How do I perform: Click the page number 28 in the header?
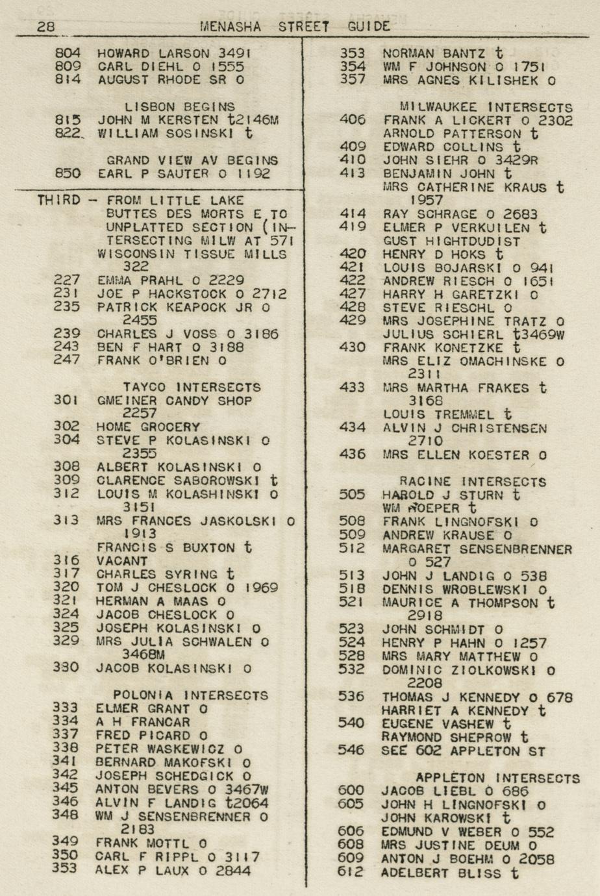(45, 27)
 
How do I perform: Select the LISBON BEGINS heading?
(180, 106)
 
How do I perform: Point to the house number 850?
(68, 173)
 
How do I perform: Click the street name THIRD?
(58, 200)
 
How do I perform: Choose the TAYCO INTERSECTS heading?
(192, 388)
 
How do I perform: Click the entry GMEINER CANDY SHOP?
(174, 401)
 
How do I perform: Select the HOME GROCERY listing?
(148, 427)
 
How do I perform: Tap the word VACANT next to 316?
(122, 561)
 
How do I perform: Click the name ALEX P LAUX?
(147, 871)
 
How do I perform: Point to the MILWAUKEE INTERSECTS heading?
(486, 107)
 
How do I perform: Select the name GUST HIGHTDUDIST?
(451, 241)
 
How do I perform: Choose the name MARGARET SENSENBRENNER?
(477, 549)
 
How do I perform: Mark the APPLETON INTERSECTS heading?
(497, 778)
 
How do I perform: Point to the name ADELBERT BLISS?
(441, 873)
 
